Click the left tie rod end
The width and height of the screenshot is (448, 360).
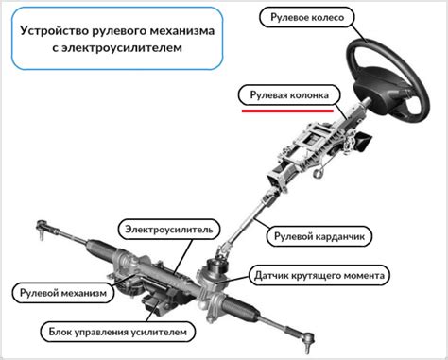(x=44, y=227)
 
